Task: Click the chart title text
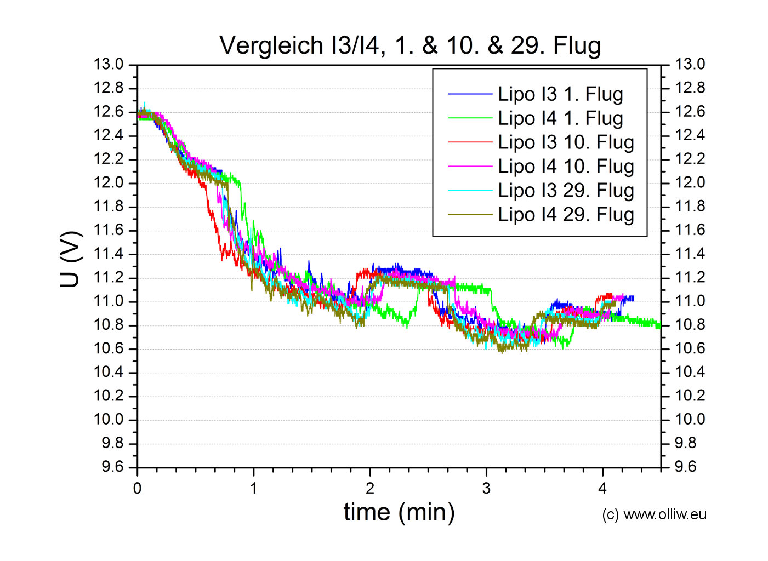(410, 45)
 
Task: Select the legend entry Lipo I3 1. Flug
(560, 94)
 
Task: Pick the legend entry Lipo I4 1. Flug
(560, 118)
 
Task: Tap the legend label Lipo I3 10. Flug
(566, 142)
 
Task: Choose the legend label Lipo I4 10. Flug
(566, 167)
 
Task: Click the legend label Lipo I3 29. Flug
(566, 191)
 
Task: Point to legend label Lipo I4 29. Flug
(566, 215)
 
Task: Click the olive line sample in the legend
(470, 215)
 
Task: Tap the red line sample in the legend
(470, 142)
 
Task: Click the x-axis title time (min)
(399, 512)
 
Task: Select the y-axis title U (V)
(71, 259)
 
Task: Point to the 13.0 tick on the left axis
(109, 65)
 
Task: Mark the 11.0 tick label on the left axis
(109, 301)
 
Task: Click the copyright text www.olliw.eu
(654, 514)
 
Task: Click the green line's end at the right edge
(659, 325)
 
